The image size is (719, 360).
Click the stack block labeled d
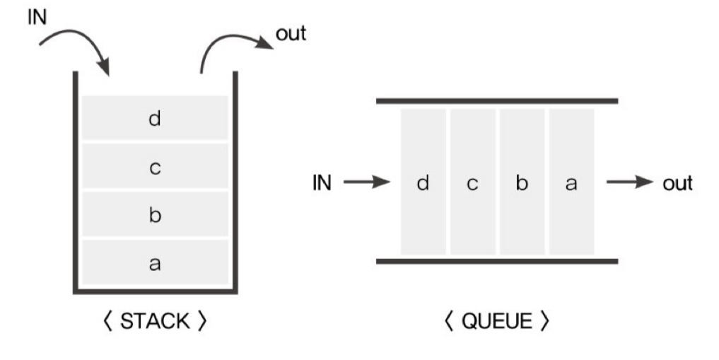[155, 118]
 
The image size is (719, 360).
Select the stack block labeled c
[155, 167]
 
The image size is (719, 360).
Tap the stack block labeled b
[155, 215]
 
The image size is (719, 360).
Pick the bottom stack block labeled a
[155, 262]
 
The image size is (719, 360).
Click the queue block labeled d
[423, 182]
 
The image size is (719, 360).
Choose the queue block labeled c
[472, 182]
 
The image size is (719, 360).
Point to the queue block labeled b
[522, 182]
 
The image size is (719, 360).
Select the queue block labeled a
[571, 182]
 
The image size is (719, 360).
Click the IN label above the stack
[37, 16]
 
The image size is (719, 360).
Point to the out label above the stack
[291, 34]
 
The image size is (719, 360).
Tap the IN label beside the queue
[322, 183]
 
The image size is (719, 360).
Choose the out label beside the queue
[677, 183]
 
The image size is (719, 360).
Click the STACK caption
[155, 321]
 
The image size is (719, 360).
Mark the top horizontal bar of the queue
[496, 100]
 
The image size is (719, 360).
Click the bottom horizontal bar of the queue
[496, 261]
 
